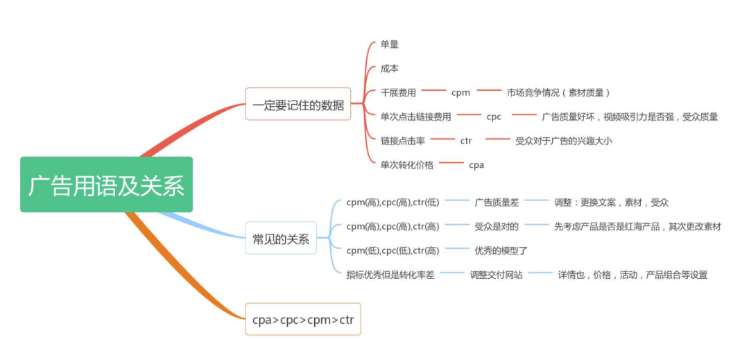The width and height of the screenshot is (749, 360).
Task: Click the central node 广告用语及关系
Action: (x=106, y=185)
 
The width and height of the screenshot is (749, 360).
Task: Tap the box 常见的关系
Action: (x=281, y=238)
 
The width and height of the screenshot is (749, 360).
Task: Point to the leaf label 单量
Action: (x=390, y=44)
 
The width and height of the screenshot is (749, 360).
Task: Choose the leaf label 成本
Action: (x=390, y=69)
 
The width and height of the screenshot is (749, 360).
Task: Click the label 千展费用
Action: (x=399, y=92)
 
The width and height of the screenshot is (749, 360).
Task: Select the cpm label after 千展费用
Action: (x=460, y=92)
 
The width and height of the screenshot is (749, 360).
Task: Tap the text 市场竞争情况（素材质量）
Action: (x=558, y=92)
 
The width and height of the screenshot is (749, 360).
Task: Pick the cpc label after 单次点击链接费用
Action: (x=494, y=117)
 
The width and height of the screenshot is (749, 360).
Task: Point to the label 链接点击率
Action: (x=403, y=141)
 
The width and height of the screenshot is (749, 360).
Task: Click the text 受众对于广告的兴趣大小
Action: (x=564, y=141)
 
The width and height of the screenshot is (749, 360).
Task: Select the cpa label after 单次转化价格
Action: (x=476, y=165)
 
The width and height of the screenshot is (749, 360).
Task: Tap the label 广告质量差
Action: (x=497, y=203)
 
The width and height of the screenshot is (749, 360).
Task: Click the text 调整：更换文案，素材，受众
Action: (x=611, y=203)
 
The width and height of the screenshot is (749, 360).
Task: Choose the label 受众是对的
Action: (x=497, y=226)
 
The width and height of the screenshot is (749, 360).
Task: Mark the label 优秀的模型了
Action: (x=501, y=250)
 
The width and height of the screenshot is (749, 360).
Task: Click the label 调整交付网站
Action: (x=497, y=275)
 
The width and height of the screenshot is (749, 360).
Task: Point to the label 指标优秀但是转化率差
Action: (x=390, y=275)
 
